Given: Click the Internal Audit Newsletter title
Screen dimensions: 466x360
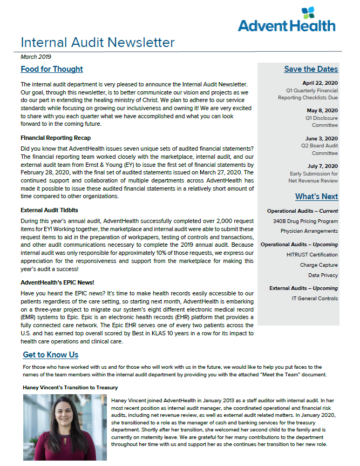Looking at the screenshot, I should pos(98,43).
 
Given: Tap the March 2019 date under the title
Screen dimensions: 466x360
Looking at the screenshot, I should pos(36,56).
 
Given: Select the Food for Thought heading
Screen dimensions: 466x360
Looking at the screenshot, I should pos(52,69).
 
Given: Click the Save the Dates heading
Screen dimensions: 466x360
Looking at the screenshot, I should pos(311,69).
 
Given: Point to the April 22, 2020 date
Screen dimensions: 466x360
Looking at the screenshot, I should pos(320,83).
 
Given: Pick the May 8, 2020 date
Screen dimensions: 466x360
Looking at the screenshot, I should pos(322,110).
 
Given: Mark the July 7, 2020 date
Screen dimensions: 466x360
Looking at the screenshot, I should pos(322,166).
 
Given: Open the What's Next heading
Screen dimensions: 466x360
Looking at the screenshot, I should pos(316,197).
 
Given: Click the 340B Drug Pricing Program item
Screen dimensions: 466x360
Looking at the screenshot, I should pos(305,221).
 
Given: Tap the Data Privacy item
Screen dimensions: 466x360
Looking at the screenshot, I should pos(323,275).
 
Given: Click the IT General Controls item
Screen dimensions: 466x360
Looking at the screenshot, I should pos(315,298).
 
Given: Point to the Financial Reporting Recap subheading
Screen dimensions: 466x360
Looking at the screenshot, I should pos(56,138).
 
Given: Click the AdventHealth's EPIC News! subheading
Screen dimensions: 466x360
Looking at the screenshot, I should pos(57,282).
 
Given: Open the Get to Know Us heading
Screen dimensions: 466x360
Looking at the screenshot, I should pos(50,355).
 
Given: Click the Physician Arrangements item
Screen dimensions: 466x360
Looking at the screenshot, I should pos(309,231).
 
